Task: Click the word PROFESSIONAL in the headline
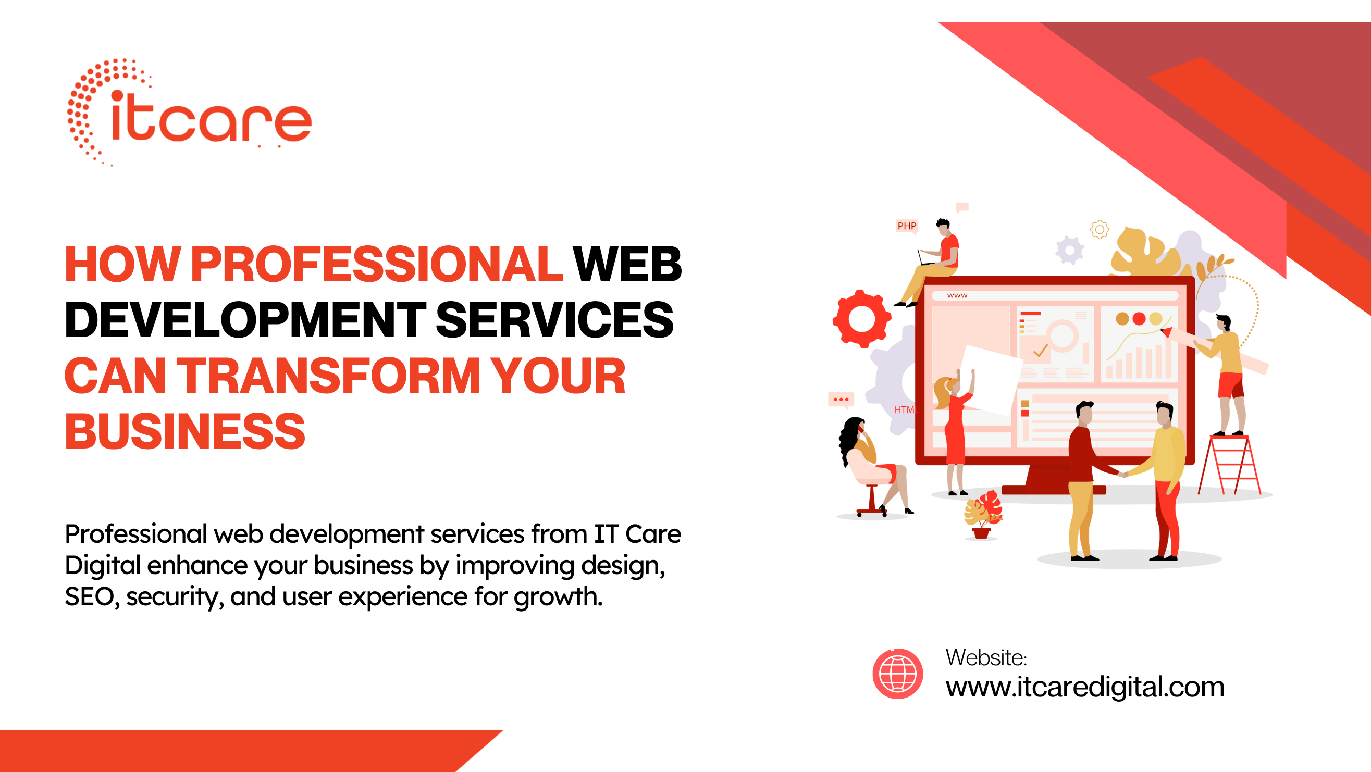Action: click(x=377, y=265)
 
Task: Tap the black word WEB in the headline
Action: click(x=627, y=265)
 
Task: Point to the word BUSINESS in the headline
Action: click(x=184, y=431)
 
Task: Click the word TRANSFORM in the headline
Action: click(x=329, y=376)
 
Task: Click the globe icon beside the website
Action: click(x=897, y=674)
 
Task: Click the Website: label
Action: click(x=986, y=658)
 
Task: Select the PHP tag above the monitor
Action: click(x=907, y=226)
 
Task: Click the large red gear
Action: click(x=861, y=319)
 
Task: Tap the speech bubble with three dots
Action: click(x=841, y=400)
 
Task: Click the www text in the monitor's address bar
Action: click(x=957, y=296)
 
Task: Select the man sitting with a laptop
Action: click(x=937, y=260)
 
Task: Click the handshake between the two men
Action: click(x=1122, y=474)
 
